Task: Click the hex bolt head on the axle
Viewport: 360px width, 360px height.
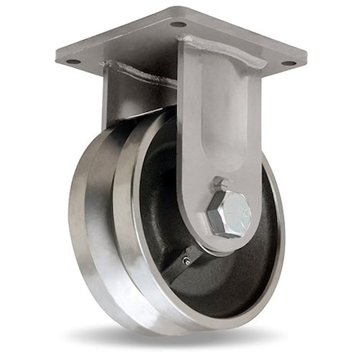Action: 229,213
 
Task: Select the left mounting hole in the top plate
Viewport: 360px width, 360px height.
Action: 73,62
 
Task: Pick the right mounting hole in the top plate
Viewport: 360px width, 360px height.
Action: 289,62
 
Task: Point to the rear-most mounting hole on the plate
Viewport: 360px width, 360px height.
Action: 178,24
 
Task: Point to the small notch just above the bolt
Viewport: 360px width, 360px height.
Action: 222,183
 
